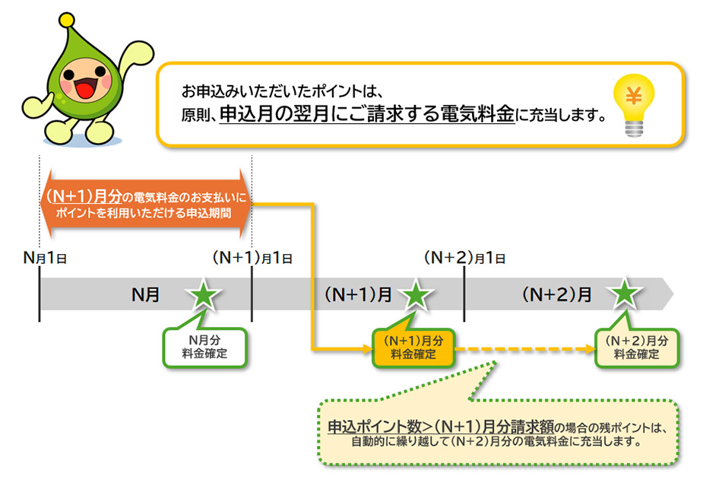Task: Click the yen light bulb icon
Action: click(x=633, y=106)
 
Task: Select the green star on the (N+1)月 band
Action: click(x=414, y=295)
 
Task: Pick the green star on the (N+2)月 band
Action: click(x=625, y=295)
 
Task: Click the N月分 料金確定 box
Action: click(x=204, y=348)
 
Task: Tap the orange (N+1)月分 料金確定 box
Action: click(x=413, y=348)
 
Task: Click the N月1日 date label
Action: click(x=46, y=258)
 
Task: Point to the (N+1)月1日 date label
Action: click(x=252, y=258)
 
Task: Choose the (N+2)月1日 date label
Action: click(x=465, y=258)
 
